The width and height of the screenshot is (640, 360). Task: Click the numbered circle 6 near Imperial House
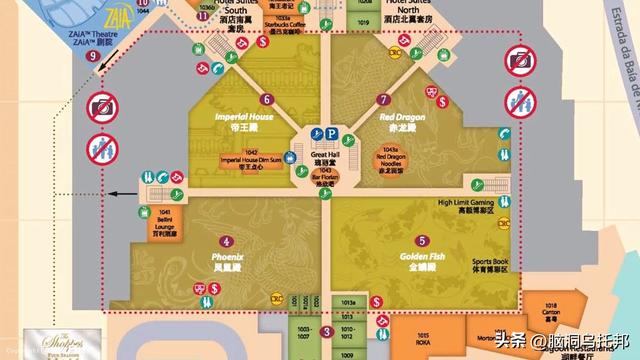(266, 99)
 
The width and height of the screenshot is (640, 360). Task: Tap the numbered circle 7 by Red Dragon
(383, 99)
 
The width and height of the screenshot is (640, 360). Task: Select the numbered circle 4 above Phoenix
(228, 241)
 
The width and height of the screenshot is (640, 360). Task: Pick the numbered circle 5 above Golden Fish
(423, 241)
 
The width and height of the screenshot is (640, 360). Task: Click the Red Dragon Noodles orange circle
(392, 162)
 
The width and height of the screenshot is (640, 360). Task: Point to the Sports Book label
(491, 265)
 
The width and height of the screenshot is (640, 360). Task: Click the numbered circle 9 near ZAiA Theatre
(92, 57)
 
